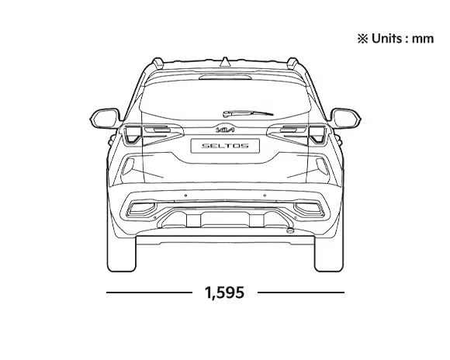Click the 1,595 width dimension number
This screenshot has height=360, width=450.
pyautogui.click(x=224, y=292)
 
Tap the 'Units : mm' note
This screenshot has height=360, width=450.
pyautogui.click(x=396, y=39)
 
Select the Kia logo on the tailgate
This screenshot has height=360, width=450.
pyautogui.click(x=225, y=130)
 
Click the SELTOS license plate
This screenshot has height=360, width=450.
pyautogui.click(x=225, y=146)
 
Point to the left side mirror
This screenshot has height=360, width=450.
pyautogui.click(x=105, y=118)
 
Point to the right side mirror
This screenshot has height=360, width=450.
pyautogui.click(x=346, y=118)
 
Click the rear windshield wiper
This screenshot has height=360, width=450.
pyautogui.click(x=248, y=113)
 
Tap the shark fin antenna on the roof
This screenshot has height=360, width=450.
pyautogui.click(x=225, y=62)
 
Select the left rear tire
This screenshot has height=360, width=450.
pyautogui.click(x=121, y=253)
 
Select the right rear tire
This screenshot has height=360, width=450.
pyautogui.click(x=329, y=253)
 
